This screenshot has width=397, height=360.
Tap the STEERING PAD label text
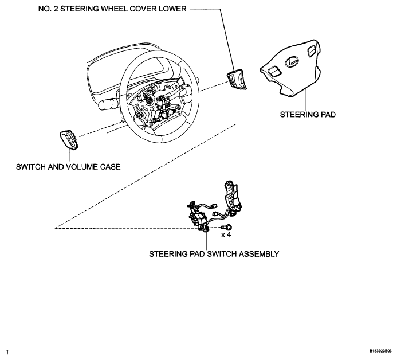(307, 114)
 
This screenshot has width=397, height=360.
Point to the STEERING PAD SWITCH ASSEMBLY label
(214, 253)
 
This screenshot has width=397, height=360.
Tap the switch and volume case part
(67, 139)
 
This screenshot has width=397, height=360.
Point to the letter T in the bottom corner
(7, 350)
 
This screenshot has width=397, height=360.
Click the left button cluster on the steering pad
(274, 71)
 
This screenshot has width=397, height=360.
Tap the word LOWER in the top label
(170, 10)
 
